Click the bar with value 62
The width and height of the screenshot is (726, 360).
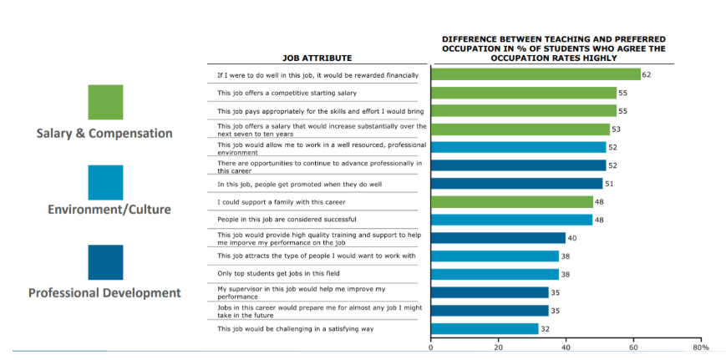click(536, 74)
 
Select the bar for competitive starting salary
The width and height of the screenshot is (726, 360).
click(524, 93)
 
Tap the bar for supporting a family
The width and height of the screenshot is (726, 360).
click(512, 201)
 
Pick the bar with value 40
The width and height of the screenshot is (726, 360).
click(499, 238)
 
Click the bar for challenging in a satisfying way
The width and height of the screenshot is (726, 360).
click(485, 328)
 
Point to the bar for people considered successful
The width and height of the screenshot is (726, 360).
click(512, 220)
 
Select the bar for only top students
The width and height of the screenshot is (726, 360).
click(495, 274)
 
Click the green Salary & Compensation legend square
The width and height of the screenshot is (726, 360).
click(105, 102)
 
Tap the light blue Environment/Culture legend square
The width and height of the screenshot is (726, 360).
click(105, 182)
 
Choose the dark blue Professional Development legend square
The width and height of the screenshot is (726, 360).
click(105, 262)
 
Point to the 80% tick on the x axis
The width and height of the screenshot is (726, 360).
click(701, 347)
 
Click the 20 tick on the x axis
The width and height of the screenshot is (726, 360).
click(499, 347)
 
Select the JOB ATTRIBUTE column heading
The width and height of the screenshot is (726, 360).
click(317, 58)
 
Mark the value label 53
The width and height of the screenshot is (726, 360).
click(617, 129)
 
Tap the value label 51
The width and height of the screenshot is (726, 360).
click(610, 184)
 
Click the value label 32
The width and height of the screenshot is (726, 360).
click(546, 328)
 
